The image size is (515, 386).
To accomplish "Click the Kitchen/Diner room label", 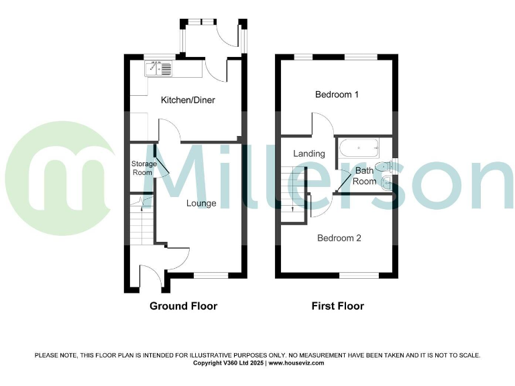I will [x=187, y=101].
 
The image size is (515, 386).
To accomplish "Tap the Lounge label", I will [x=201, y=202].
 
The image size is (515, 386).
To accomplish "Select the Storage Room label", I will [x=144, y=168].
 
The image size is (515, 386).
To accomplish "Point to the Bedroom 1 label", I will [x=337, y=94].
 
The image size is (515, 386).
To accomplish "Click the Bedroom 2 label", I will [x=339, y=238].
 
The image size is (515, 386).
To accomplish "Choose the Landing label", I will [x=309, y=153].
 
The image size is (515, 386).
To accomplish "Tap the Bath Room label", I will [x=365, y=176].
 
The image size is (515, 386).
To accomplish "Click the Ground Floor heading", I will [x=183, y=306].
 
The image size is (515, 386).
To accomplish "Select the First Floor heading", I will [x=337, y=306].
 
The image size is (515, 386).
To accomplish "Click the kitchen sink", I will [x=158, y=68].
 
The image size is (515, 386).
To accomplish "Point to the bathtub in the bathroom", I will [x=359, y=147].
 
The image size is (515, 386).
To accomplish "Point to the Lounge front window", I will [x=211, y=275].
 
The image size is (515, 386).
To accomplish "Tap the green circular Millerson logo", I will [x=60, y=177].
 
